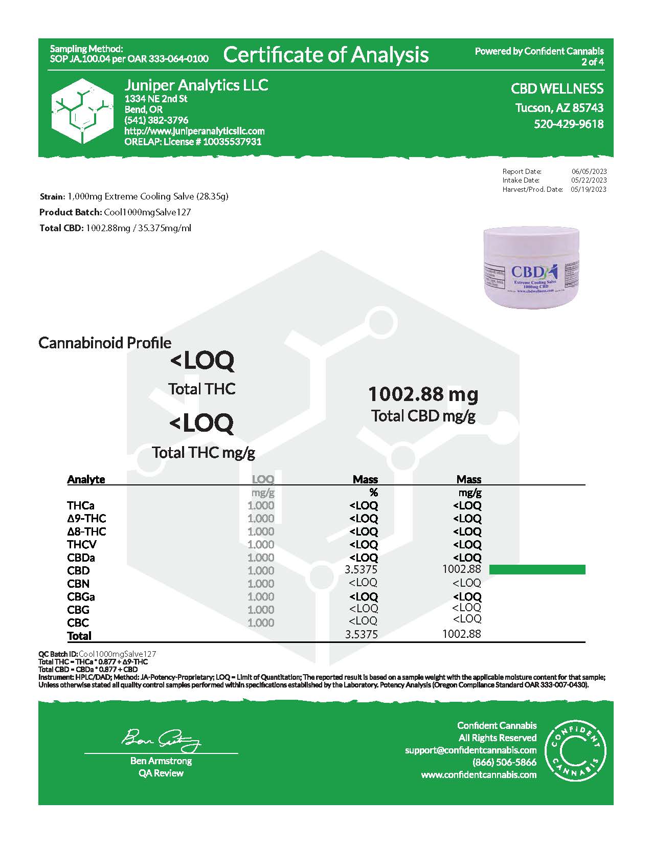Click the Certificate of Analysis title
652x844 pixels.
[326, 55]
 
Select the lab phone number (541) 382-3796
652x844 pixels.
[156, 120]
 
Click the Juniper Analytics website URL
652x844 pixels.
[194, 131]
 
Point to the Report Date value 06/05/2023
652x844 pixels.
[589, 171]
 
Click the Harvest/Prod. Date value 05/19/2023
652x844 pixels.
[589, 189]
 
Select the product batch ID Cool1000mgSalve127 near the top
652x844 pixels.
[147, 212]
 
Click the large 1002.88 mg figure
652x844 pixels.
[423, 394]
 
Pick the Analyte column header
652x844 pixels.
[86, 479]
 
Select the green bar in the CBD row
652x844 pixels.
[537, 570]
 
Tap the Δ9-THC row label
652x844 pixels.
[86, 518]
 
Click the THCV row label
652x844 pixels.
[81, 544]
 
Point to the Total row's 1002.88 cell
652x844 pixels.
[461, 634]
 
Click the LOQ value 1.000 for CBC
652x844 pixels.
[261, 623]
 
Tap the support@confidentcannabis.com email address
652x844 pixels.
[470, 750]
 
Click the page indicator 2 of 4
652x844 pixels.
[592, 62]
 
